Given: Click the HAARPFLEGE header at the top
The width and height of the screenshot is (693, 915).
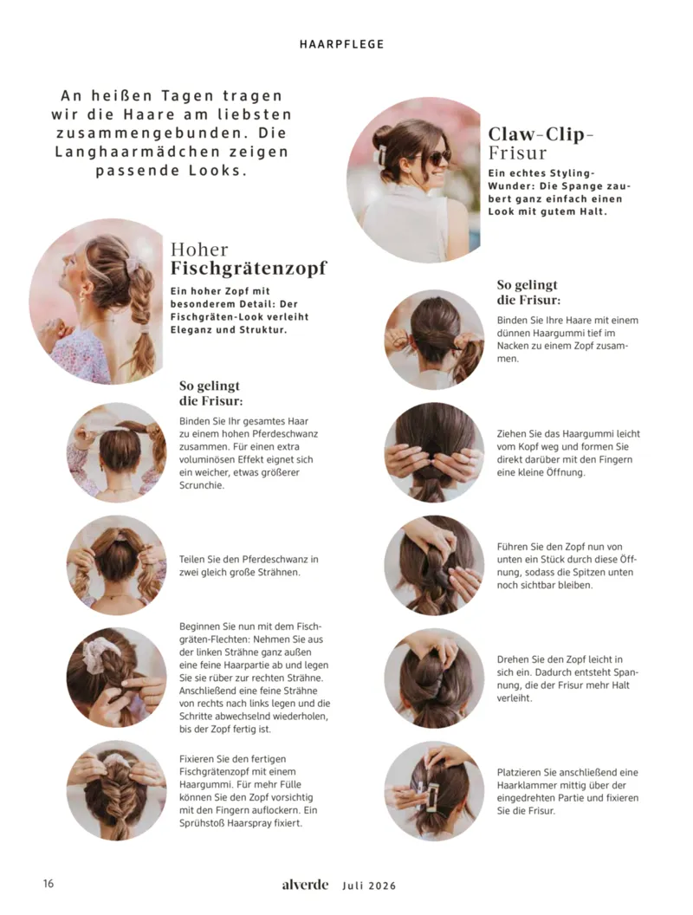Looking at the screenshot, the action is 342,44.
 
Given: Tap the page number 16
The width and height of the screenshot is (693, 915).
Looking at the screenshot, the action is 49,883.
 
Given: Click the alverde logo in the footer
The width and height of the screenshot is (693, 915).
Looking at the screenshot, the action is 305,884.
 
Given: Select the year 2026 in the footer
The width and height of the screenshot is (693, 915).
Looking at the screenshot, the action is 383,886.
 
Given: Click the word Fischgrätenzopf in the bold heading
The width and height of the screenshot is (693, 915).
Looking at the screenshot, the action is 249,269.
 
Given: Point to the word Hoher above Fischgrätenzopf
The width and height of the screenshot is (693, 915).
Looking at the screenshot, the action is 199,250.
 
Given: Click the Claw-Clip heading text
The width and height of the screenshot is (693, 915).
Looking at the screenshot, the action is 541,134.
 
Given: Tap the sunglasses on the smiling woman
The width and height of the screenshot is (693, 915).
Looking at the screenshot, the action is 437,156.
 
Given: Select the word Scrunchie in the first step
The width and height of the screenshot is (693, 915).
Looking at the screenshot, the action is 202,485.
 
